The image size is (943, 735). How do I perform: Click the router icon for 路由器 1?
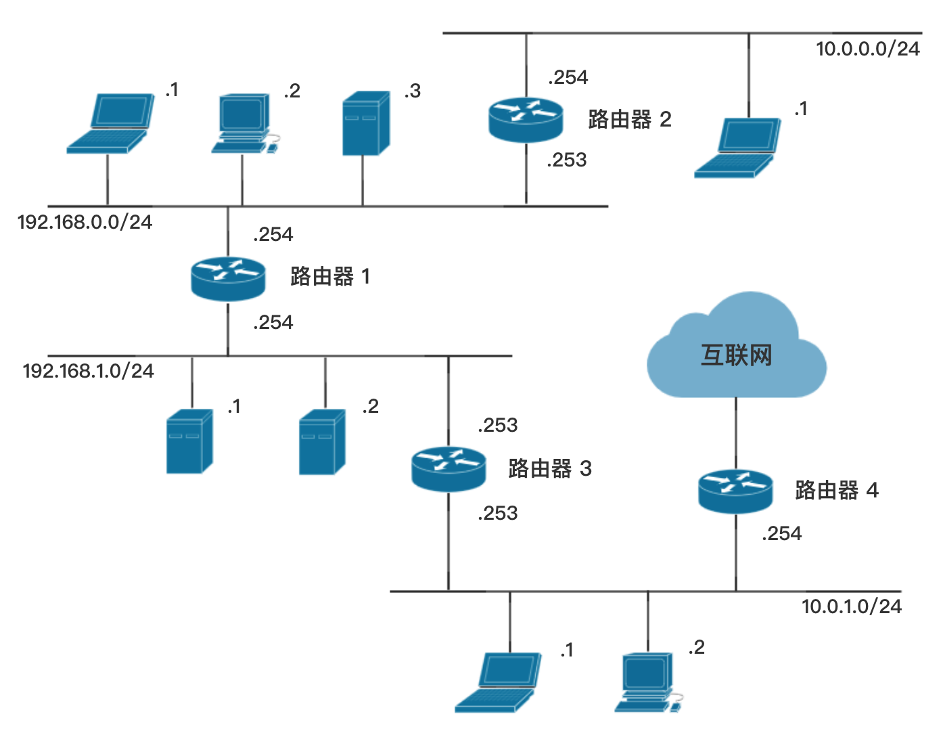tap(227, 278)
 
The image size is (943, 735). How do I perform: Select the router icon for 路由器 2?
tap(526, 119)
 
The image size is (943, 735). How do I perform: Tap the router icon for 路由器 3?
tap(448, 468)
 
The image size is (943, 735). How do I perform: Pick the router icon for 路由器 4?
tap(735, 491)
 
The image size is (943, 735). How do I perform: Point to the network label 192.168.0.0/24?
tap(85, 222)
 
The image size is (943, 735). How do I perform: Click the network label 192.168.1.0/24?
tap(88, 371)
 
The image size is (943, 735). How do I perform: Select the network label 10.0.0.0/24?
tap(868, 49)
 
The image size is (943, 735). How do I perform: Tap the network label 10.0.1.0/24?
tap(852, 606)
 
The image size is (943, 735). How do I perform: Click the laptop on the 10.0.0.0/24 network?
tap(737, 148)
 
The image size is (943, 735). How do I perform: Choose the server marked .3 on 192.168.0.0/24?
tap(366, 123)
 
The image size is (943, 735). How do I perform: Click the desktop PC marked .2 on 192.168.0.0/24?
tap(244, 124)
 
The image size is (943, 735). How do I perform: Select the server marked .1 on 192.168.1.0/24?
tap(189, 441)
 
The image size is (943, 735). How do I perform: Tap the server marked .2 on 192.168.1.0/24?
tap(322, 441)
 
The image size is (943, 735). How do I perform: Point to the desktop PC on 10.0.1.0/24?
tap(647, 682)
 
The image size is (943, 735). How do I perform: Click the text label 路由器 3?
tap(550, 468)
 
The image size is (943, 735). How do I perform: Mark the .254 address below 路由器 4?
tap(781, 533)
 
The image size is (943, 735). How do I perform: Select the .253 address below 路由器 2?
tap(567, 160)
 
